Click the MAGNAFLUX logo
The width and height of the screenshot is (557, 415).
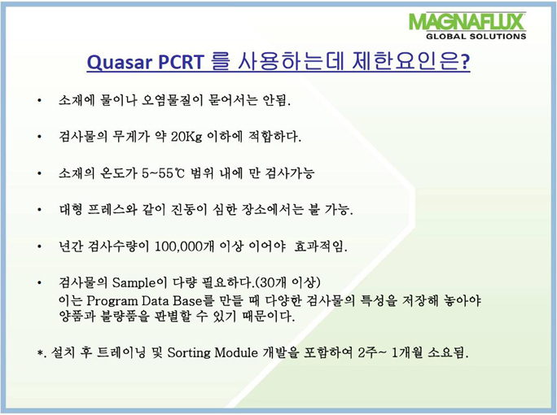467,22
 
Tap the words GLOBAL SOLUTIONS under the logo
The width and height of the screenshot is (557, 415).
476,36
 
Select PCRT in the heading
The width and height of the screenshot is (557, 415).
181,61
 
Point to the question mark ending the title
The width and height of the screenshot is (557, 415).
465,62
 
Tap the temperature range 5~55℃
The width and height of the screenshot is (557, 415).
164,173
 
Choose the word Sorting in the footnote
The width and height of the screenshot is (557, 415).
189,353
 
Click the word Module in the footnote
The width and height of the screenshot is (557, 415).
236,352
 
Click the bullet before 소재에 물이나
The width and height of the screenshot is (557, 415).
39,101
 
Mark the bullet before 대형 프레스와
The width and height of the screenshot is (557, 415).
39,210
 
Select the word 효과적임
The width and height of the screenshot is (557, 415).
321,246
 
